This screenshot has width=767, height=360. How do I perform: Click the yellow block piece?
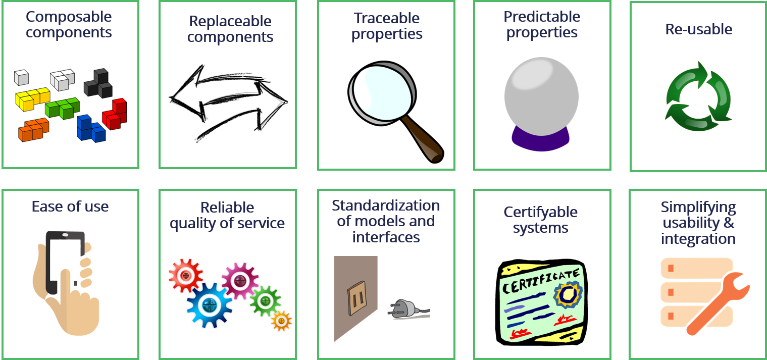point(31,98)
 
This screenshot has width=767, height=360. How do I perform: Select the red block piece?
point(115,115)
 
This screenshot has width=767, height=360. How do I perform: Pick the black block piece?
point(99,84)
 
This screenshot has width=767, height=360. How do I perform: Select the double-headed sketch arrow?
point(228,102)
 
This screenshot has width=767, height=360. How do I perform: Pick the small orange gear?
point(281,320)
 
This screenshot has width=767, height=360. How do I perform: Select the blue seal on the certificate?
point(568,294)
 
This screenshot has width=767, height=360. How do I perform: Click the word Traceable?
point(386,18)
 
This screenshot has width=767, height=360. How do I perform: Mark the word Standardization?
point(386,206)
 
